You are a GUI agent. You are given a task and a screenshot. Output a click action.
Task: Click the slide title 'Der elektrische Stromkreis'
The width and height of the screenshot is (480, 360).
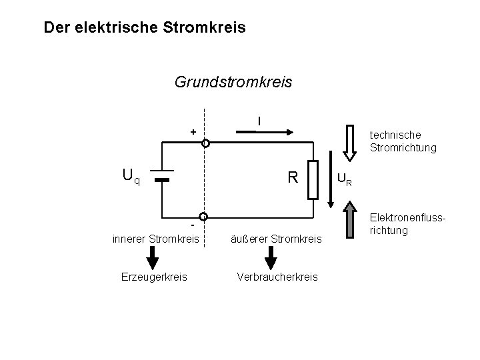(144, 28)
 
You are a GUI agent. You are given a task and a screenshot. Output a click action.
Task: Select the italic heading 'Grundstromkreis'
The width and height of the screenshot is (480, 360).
(233, 82)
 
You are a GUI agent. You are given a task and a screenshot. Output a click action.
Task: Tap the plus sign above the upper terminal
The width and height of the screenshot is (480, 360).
(193, 132)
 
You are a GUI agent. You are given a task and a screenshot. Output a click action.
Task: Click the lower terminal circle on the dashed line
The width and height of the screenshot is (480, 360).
(205, 217)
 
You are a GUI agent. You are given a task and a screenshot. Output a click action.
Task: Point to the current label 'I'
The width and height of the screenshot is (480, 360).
(259, 121)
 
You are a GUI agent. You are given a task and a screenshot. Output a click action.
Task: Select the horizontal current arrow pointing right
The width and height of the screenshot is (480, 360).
(265, 132)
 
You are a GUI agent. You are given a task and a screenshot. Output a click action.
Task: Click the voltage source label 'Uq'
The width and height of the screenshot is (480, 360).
(131, 177)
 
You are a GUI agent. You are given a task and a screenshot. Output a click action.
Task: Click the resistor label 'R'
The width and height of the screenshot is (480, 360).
(291, 177)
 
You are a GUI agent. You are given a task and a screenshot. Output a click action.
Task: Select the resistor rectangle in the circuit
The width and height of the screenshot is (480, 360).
(315, 180)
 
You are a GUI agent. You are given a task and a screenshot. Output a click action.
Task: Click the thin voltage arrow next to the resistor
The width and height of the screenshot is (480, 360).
(331, 180)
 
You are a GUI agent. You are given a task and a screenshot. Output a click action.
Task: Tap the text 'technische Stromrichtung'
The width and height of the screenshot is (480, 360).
(403, 141)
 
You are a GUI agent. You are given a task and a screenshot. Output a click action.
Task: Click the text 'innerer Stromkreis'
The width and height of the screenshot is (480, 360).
(155, 238)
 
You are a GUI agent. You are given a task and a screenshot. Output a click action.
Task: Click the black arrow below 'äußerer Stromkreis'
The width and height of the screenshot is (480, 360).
(271, 256)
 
